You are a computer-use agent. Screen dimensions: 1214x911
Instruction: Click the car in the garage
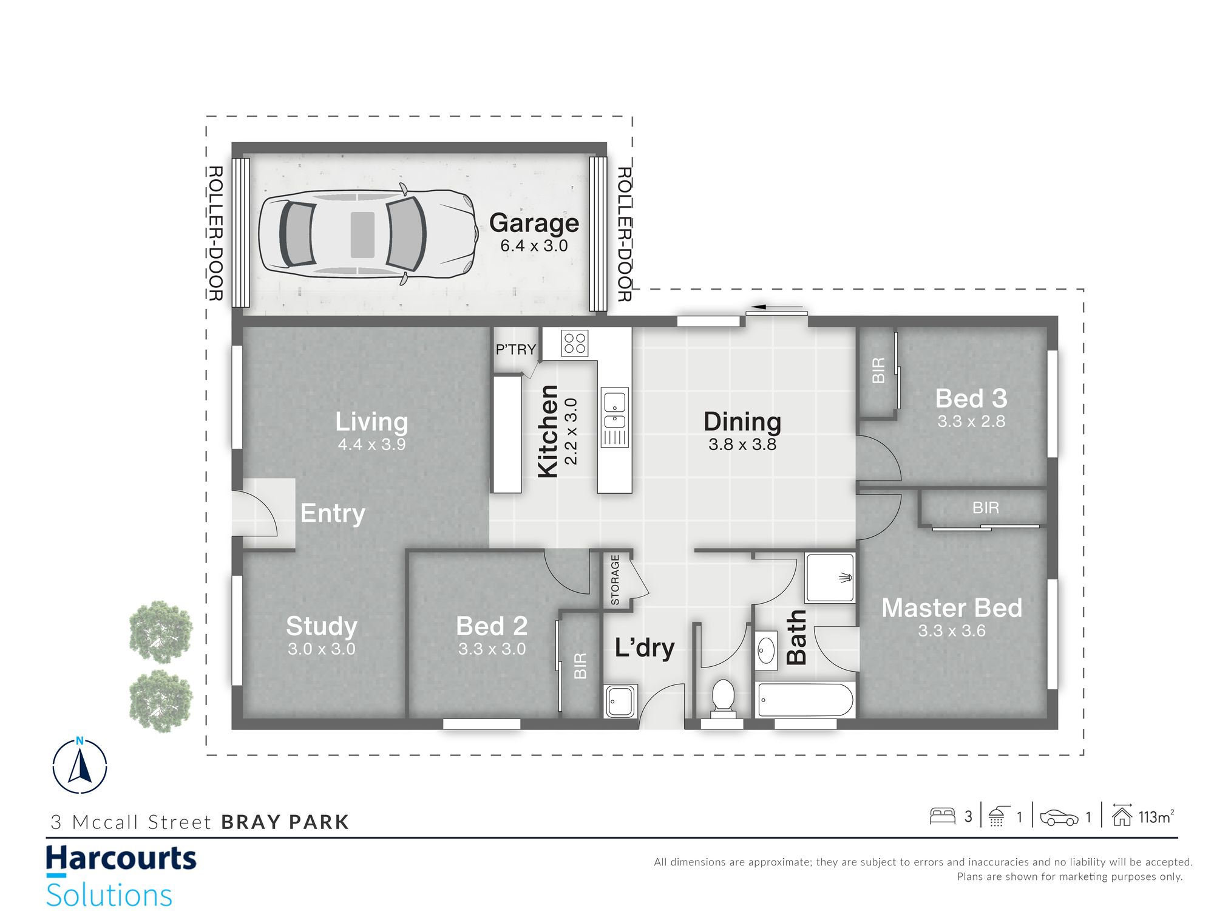(368, 234)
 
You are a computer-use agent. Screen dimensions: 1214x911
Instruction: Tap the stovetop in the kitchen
(574, 343)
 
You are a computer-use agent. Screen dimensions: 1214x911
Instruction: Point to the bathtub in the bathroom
(806, 700)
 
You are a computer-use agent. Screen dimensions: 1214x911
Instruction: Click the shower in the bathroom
(830, 577)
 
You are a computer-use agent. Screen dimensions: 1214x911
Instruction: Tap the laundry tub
(620, 700)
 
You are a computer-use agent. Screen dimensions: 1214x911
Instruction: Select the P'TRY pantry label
(515, 349)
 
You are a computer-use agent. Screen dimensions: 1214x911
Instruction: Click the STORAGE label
(615, 579)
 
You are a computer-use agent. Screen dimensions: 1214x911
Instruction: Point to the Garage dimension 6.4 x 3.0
(534, 246)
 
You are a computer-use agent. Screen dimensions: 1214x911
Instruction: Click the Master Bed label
(952, 607)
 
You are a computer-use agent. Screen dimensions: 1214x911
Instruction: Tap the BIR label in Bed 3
(878, 370)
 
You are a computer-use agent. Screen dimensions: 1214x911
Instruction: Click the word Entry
(333, 514)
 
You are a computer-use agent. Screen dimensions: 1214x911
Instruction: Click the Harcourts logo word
(121, 859)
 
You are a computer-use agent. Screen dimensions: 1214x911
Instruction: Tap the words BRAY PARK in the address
(285, 822)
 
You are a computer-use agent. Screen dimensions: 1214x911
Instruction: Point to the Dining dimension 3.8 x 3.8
(742, 445)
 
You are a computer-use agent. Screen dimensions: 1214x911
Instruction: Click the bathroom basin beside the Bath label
(766, 650)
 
